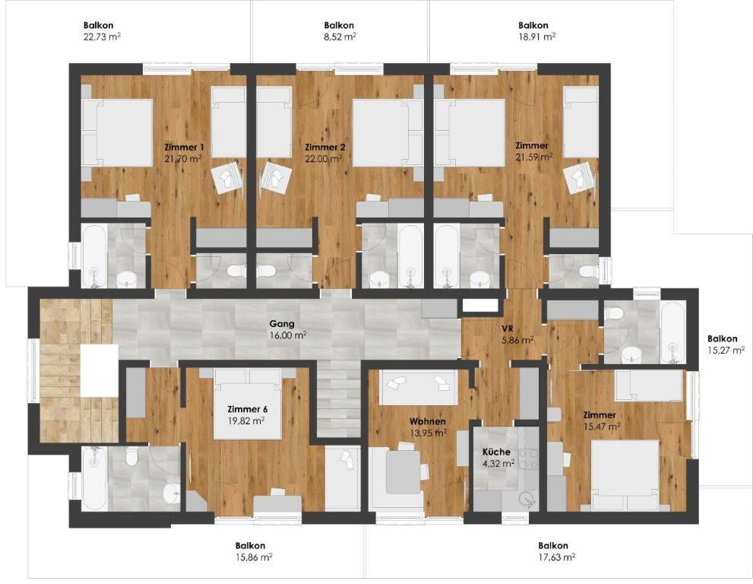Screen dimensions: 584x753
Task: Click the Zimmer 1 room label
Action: pyautogui.click(x=184, y=147)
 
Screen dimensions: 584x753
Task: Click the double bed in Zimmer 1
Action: pyautogui.click(x=117, y=134)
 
